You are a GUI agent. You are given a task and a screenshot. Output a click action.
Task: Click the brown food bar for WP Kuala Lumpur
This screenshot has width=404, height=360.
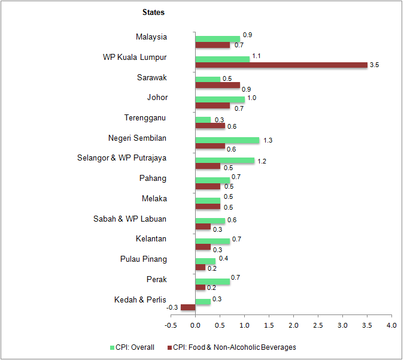coord(281,65)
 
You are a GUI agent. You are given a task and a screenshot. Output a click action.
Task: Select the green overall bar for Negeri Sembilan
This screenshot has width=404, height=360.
coord(227,140)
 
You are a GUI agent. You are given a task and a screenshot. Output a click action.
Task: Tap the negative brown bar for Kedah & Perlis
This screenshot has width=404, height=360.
coord(188,307)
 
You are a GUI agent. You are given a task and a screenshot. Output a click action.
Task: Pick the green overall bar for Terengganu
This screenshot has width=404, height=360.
coord(203,120)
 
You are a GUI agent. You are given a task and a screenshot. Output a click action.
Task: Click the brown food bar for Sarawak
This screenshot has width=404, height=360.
coord(218,86)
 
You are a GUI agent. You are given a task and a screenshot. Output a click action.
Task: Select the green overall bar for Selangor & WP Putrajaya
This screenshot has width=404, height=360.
coord(225,161)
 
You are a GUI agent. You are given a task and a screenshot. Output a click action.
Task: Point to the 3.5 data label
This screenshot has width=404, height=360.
coord(375,65)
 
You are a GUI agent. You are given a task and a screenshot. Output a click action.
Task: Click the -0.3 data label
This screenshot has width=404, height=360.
coord(172,307)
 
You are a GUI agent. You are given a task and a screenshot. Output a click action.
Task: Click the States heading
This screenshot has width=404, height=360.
coord(153,12)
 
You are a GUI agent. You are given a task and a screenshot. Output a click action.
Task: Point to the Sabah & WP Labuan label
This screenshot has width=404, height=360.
coord(130,219)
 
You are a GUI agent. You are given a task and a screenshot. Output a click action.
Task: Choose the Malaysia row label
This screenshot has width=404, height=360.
coord(151,37)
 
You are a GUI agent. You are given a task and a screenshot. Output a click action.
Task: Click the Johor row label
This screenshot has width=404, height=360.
coord(157,97)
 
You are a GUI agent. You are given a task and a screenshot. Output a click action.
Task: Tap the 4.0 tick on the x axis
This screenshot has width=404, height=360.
coord(391,325)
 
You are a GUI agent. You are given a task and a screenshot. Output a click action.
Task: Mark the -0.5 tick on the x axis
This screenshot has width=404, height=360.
coord(171,325)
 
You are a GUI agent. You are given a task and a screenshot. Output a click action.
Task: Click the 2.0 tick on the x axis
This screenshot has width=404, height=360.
coord(293,325)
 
